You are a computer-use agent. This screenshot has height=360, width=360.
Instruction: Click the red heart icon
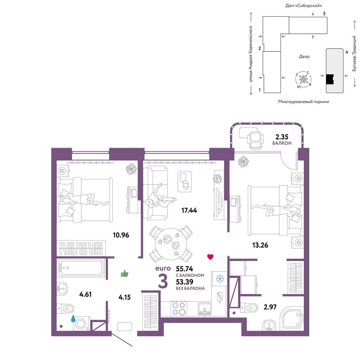pyautogui.click(x=210, y=257)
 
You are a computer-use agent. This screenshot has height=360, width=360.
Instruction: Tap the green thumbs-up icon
pyautogui.click(x=125, y=274)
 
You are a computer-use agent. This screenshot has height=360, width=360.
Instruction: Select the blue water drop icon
pyautogui.click(x=73, y=318)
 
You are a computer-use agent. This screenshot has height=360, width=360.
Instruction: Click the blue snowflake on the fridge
pyautogui.click(x=220, y=279)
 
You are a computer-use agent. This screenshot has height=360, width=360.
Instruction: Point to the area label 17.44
pyautogui.click(x=189, y=210)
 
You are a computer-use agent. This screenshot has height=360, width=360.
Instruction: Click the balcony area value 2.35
pyautogui.click(x=282, y=137)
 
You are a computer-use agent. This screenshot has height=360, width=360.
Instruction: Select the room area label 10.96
pyautogui.click(x=121, y=235)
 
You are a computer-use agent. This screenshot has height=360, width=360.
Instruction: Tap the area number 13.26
pyautogui.click(x=260, y=245)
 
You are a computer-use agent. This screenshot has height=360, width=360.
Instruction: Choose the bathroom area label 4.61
pyautogui.click(x=85, y=294)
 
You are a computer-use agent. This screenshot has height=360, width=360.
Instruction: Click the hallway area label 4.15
pyautogui.click(x=125, y=297)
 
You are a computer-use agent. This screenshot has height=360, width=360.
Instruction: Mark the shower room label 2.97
pyautogui.click(x=270, y=307)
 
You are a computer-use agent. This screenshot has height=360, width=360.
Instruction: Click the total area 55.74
pyautogui.click(x=184, y=269)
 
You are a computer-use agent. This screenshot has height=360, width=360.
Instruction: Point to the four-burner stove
pyautogui.click(x=179, y=309)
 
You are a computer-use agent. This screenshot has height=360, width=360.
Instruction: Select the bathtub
pyautogui.click(x=80, y=268)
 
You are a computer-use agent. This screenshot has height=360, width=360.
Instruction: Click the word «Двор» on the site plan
pyautogui.click(x=304, y=56)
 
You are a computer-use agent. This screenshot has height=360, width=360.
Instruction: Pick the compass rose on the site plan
pyautogui.click(x=303, y=80)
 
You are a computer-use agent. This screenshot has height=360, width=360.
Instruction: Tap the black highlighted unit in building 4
pyautogui.click(x=330, y=80)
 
